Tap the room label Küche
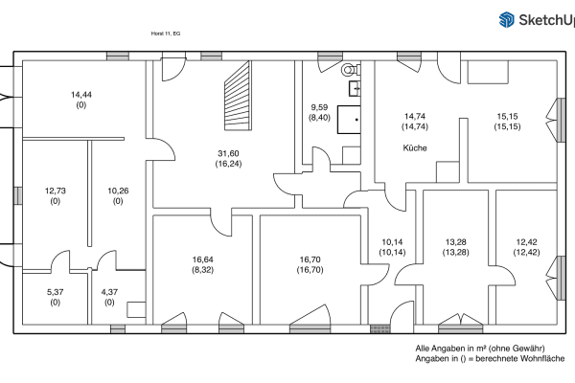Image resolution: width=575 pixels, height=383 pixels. pos(414,147)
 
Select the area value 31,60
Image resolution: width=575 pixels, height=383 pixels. pos(228,154)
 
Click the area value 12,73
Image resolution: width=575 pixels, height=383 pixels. pos(54,191)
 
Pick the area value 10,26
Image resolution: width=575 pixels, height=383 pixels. pos(118,191)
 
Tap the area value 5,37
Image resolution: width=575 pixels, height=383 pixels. pos(54,292)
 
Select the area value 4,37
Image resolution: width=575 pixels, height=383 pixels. pos(109,292)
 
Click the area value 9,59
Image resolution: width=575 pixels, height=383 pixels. pos(320,107)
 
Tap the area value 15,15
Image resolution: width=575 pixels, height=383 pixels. pos(507,116)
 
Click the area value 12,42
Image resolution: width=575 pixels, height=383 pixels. pos(527,242)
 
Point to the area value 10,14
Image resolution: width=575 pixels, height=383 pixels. pos(393,242)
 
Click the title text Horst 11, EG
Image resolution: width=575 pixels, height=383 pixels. pos(166,33)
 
